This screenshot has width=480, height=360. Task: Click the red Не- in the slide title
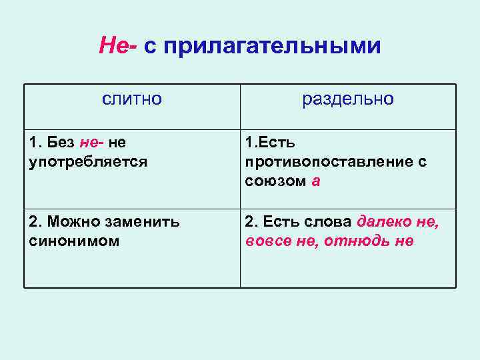tap(117, 46)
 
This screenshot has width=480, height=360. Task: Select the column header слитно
tap(132, 99)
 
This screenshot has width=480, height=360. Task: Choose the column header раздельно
tap(348, 99)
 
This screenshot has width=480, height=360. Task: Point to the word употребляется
tap(89, 161)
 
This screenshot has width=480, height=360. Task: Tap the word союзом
tap(275, 181)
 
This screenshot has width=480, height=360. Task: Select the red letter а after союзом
tap(316, 181)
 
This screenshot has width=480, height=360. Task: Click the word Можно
tap(73, 221)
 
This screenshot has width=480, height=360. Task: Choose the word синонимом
tap(75, 241)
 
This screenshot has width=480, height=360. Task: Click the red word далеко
tap(385, 221)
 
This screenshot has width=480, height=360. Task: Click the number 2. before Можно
tap(35, 221)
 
